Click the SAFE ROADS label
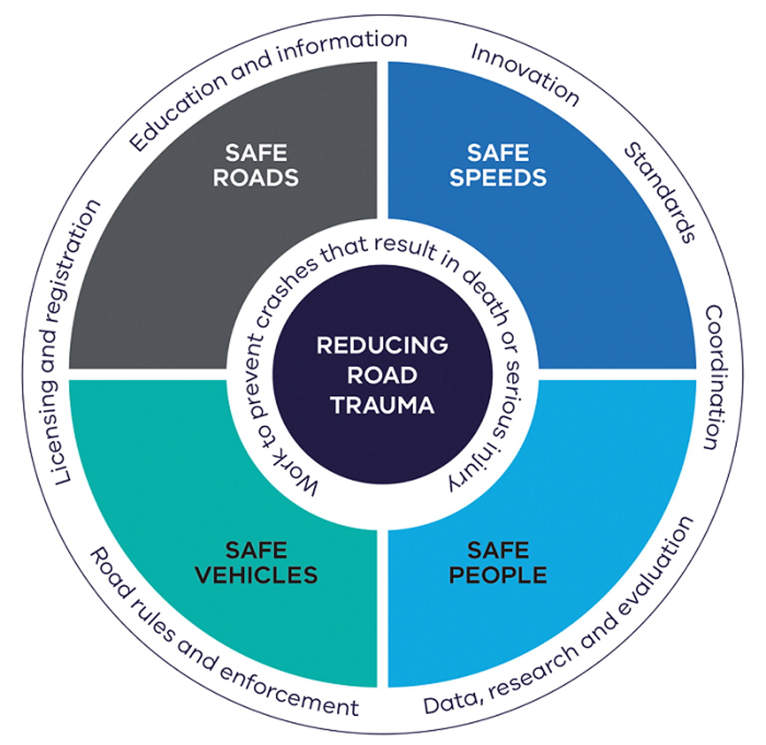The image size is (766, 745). point(255,165)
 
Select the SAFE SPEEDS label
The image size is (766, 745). point(498,165)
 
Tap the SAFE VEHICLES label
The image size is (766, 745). point(256,562)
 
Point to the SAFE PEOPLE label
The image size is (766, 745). point(498,562)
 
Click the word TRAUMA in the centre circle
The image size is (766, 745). point(383,405)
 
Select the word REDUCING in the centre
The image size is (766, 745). point(383,345)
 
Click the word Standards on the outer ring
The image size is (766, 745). point(660,192)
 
